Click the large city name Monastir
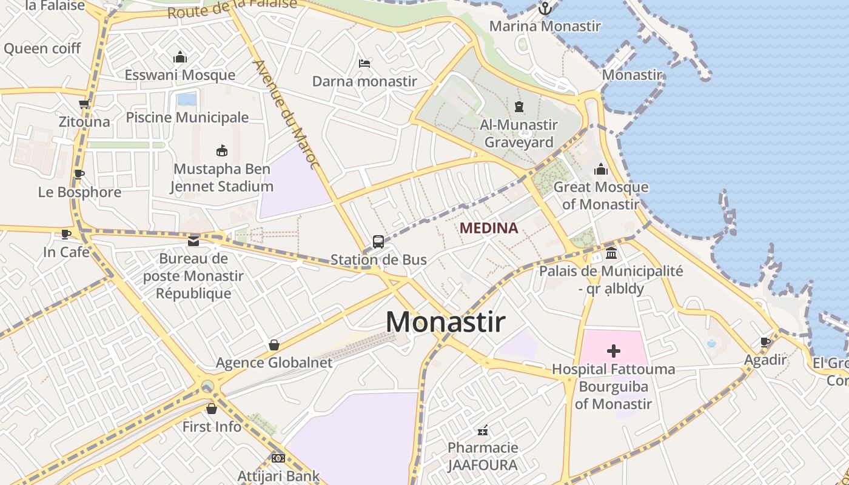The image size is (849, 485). click(445, 322)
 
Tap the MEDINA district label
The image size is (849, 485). click(489, 229)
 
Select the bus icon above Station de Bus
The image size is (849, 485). click(378, 242)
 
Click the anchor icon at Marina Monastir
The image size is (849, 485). click(545, 8)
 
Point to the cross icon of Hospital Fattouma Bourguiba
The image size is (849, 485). click(614, 350)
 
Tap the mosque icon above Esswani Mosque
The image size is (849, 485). click(180, 58)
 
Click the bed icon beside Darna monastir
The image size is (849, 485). click(364, 63)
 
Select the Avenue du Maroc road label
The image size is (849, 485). click(286, 114)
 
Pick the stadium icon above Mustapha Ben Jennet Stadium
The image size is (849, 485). click(222, 150)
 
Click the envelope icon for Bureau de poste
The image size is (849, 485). click(193, 241)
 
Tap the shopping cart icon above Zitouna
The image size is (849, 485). click(84, 104)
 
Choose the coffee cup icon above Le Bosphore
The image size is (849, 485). click(79, 174)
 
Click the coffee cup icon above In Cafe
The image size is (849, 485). click(66, 233)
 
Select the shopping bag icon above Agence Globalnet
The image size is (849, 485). click(274, 345)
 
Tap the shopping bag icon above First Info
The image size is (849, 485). click(212, 409)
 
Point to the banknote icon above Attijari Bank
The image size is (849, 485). click(278, 458)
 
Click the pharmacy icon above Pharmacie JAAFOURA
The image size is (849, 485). click(483, 430)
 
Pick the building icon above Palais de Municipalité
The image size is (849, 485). click(611, 252)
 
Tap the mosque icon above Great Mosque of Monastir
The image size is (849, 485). click(601, 169)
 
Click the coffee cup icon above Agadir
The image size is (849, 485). click(765, 342)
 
